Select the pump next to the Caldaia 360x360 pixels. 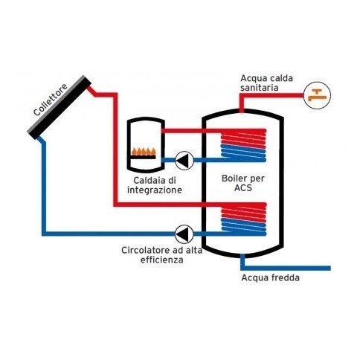click(x=184, y=159)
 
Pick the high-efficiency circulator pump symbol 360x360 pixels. click(x=184, y=232)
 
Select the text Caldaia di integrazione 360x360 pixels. click(x=154, y=185)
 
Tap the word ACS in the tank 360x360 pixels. click(x=242, y=189)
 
